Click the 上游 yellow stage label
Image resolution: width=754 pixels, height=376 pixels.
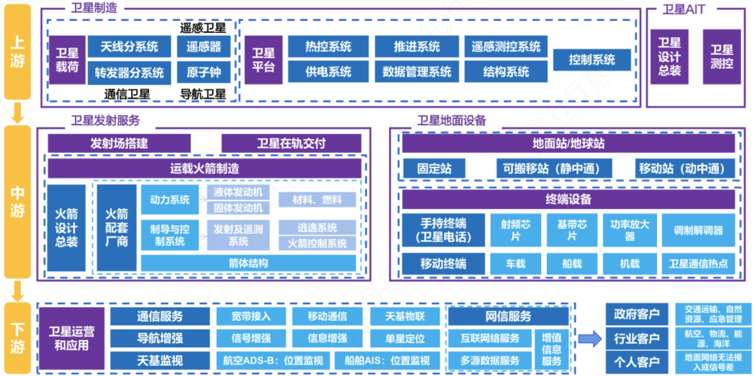coord(18,52)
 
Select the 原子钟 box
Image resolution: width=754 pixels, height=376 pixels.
coord(204,72)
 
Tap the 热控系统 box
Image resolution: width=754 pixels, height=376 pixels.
coord(327,47)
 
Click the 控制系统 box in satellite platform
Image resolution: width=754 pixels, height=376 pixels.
coord(592,59)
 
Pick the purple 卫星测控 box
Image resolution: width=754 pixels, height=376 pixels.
coord(721,57)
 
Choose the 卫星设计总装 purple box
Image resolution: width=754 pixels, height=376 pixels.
coord(669,57)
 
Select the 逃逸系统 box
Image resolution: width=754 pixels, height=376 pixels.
coord(317,228)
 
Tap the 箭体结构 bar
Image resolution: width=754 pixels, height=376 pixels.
coord(248,263)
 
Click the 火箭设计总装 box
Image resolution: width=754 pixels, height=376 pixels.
coord(66,227)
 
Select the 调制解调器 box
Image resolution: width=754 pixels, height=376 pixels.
coord(698,230)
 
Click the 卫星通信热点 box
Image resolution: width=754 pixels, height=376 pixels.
coord(698,263)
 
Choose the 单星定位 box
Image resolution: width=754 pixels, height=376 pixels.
coord(404,338)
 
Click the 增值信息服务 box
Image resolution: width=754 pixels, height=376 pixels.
coord(551,349)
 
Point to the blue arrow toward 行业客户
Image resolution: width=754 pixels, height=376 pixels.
coord(589,339)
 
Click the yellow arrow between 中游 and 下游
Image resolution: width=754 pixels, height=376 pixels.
coord(18,289)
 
